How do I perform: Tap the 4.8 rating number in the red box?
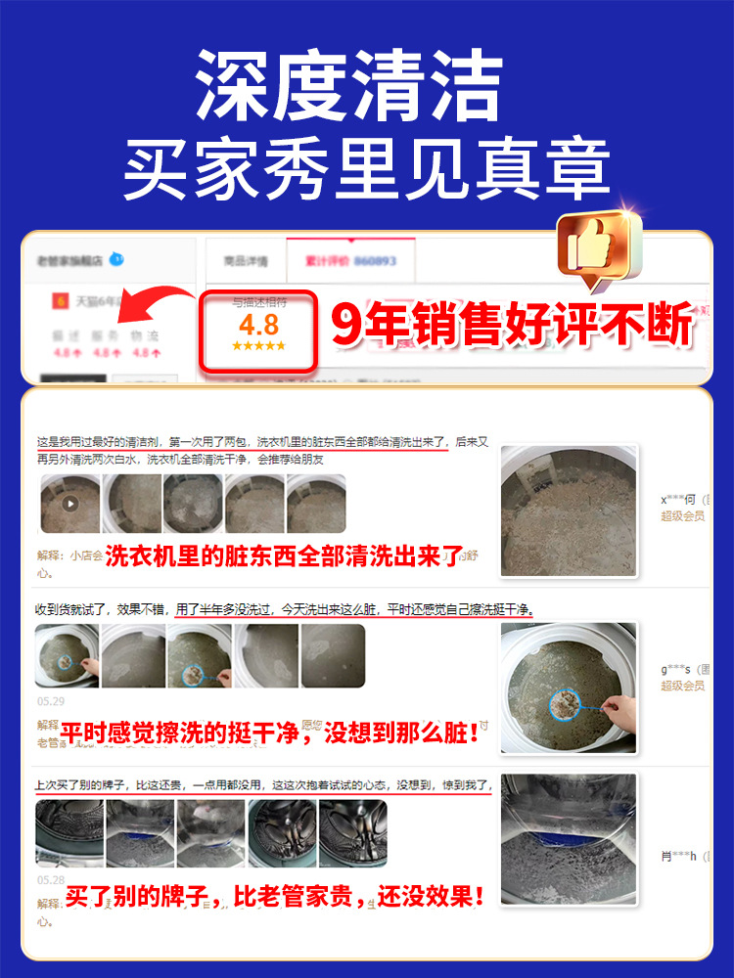[258, 325]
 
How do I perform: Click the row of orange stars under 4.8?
[258, 346]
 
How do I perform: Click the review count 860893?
[376, 262]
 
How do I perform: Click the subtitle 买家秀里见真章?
[366, 172]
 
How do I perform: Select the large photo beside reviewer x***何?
[569, 511]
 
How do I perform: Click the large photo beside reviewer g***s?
[569, 689]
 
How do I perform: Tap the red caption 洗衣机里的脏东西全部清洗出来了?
[282, 556]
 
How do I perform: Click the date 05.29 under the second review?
[50, 701]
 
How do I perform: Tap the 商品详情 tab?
[245, 262]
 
